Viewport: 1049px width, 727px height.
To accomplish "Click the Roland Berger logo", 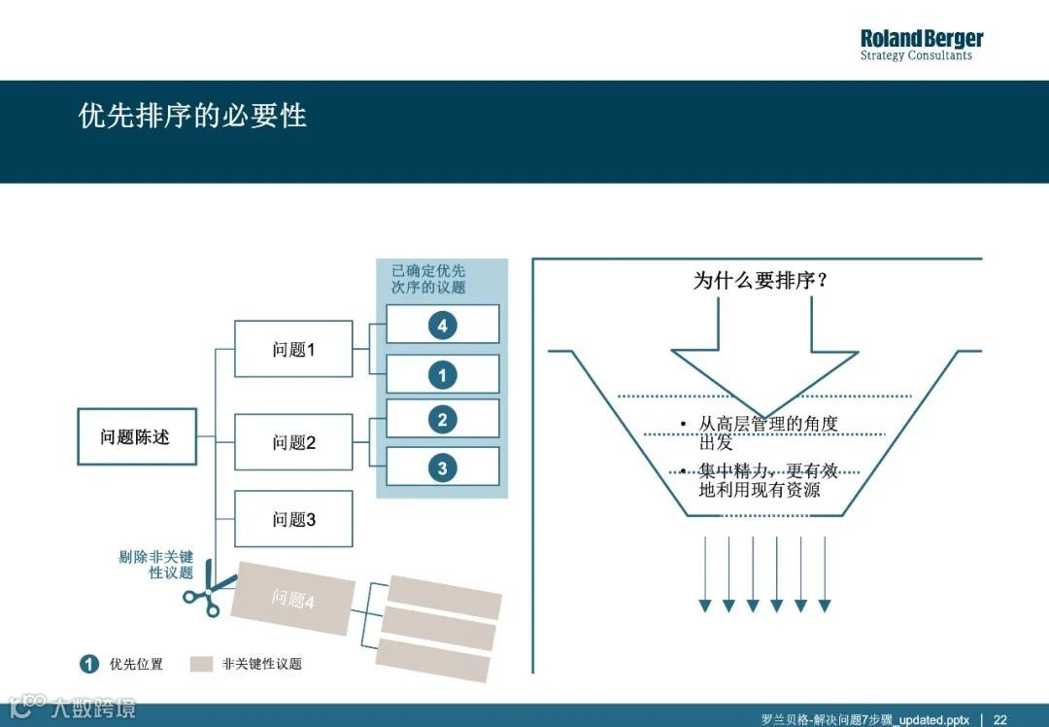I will pos(921,45).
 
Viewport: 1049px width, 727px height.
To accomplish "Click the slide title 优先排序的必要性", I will pos(192,116).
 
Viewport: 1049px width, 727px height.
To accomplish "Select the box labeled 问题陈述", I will pos(136,437).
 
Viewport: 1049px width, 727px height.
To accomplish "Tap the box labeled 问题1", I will pos(293,349).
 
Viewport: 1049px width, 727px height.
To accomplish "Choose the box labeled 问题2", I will pos(293,442).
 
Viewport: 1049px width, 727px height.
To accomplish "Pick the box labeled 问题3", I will pos(293,520).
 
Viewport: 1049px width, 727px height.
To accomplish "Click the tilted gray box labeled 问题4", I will pos(292,599).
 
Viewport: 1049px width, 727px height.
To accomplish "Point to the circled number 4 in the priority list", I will pos(442,326).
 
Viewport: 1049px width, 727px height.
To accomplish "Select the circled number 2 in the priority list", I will pos(442,420).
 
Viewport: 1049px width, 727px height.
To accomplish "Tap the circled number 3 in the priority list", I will pos(442,468).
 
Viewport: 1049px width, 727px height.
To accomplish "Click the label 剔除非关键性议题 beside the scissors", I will pos(157,565).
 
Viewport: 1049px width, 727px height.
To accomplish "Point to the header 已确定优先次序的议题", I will pos(428,279).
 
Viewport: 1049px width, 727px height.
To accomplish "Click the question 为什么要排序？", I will pos(761,281).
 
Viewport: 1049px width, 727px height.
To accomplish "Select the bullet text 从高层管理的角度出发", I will pos(767,433).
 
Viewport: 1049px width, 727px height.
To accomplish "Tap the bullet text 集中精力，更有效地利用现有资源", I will pos(767,480).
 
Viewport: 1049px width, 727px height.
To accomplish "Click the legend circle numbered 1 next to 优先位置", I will pos(89,664).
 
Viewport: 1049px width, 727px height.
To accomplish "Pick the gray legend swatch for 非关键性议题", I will pos(201,664).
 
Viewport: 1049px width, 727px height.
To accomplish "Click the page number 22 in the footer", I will pos(999,719).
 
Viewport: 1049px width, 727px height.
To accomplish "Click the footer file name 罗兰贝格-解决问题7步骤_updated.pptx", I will pos(864,719).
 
